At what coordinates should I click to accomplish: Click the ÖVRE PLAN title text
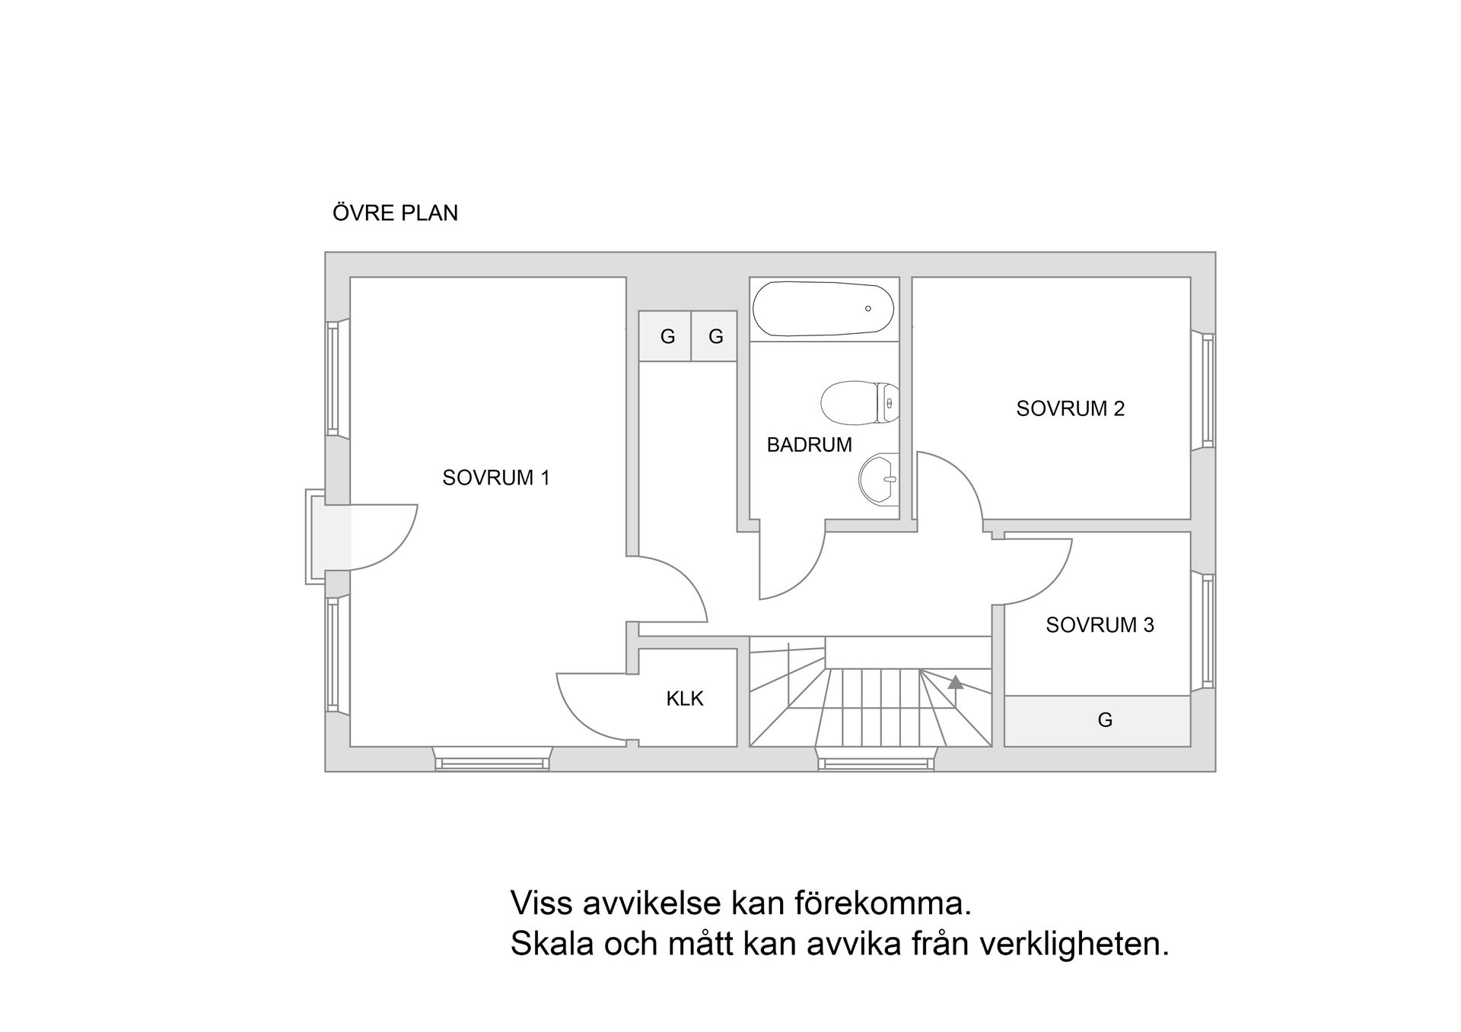pyautogui.click(x=395, y=213)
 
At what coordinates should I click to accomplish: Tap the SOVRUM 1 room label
pyautogui.click(x=495, y=478)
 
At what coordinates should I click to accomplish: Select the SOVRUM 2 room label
pyautogui.click(x=1070, y=408)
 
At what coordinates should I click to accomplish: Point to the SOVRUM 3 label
pyautogui.click(x=1099, y=625)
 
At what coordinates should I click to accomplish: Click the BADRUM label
pyautogui.click(x=809, y=445)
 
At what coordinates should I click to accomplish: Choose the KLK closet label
pyautogui.click(x=684, y=698)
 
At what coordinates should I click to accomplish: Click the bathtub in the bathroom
pyautogui.click(x=823, y=309)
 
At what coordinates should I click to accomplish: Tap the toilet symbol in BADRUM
pyautogui.click(x=858, y=402)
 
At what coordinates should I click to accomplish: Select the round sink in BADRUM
pyautogui.click(x=878, y=479)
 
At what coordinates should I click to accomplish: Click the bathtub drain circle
pyautogui.click(x=867, y=309)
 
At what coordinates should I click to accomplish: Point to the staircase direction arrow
pyautogui.click(x=955, y=684)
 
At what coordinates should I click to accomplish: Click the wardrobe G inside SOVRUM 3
pyautogui.click(x=1105, y=719)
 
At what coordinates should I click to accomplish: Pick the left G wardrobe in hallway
pyautogui.click(x=667, y=336)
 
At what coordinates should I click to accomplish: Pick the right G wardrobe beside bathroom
pyautogui.click(x=715, y=336)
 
